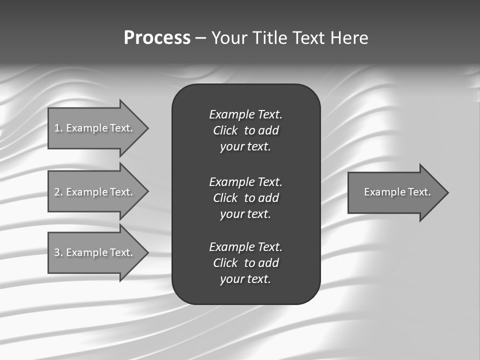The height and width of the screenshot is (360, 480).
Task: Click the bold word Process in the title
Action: (x=157, y=38)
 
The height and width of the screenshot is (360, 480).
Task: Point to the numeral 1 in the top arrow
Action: (x=57, y=128)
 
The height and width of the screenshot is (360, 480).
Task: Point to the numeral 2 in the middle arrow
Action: (x=57, y=192)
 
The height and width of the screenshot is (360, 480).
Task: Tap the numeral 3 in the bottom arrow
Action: (x=57, y=252)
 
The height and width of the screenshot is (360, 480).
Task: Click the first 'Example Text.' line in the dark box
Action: (x=245, y=114)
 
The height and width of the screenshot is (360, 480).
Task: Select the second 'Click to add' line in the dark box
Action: (x=245, y=198)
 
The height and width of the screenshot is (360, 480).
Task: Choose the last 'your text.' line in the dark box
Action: (x=245, y=279)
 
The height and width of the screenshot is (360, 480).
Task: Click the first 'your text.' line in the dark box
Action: (x=245, y=146)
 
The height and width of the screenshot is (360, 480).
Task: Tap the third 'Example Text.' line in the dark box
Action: (x=245, y=247)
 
